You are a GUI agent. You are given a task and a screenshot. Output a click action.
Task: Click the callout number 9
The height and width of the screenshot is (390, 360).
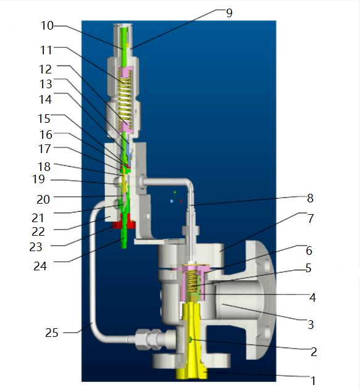pos(229,13)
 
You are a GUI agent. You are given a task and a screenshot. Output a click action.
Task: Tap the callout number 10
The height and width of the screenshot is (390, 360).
pos(47,26)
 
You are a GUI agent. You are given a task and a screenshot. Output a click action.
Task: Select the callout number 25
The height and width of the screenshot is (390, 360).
pos(51,333)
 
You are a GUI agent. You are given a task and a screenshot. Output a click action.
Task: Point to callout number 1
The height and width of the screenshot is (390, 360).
pos(313,381)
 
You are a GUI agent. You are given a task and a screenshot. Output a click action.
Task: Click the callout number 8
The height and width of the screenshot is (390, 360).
pos(310,199)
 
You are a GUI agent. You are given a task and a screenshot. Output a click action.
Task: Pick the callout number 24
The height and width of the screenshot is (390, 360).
pos(40,266)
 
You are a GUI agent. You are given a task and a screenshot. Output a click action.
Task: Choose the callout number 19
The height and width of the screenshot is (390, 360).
pos(38,179)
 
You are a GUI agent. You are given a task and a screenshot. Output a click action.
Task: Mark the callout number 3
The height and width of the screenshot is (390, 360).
pos(311,325)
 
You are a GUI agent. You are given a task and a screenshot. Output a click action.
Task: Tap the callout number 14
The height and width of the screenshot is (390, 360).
pos(45,100)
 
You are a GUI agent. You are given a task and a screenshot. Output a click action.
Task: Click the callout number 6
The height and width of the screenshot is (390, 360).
pos(309,251)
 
